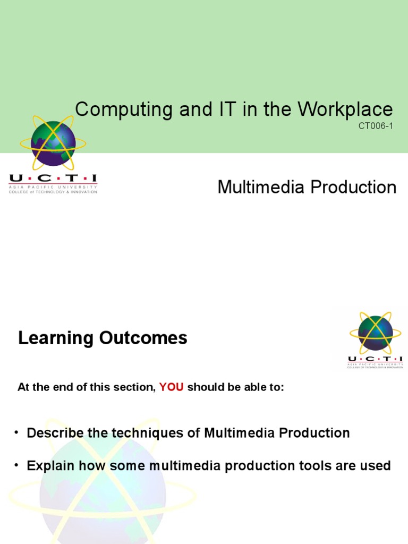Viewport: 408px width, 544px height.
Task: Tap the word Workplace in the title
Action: tap(345, 109)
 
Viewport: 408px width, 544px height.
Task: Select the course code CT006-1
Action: tap(377, 126)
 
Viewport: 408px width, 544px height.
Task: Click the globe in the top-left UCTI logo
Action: tap(53, 143)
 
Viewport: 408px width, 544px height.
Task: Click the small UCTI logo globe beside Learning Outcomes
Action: tap(375, 333)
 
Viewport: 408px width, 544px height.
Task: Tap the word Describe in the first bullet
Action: tap(56, 433)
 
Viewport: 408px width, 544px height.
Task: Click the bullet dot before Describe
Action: tap(17, 432)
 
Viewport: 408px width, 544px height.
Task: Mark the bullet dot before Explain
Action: tap(17, 465)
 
